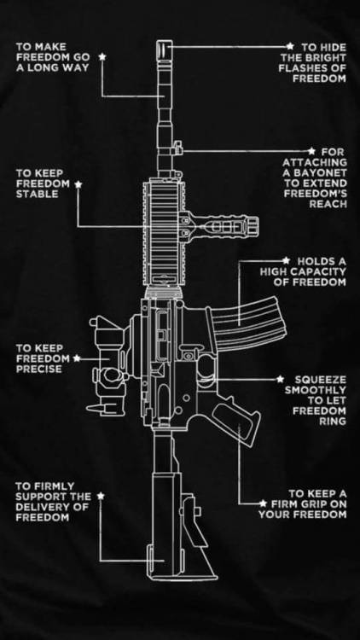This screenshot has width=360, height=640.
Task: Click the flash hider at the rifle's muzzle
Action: click(165, 50)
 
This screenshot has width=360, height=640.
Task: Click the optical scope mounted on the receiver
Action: click(107, 366)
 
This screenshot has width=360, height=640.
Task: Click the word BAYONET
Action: click(326, 173)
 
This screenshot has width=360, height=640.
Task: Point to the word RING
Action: click(332, 422)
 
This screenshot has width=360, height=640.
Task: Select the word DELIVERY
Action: click(40, 508)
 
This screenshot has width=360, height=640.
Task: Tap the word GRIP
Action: click(312, 504)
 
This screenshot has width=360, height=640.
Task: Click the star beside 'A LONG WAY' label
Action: click(102, 56)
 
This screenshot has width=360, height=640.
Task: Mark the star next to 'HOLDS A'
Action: click(286, 260)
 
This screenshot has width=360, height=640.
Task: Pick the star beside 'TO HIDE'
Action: click(290, 46)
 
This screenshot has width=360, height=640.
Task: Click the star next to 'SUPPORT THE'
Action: click(102, 497)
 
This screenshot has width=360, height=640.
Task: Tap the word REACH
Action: click(328, 204)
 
